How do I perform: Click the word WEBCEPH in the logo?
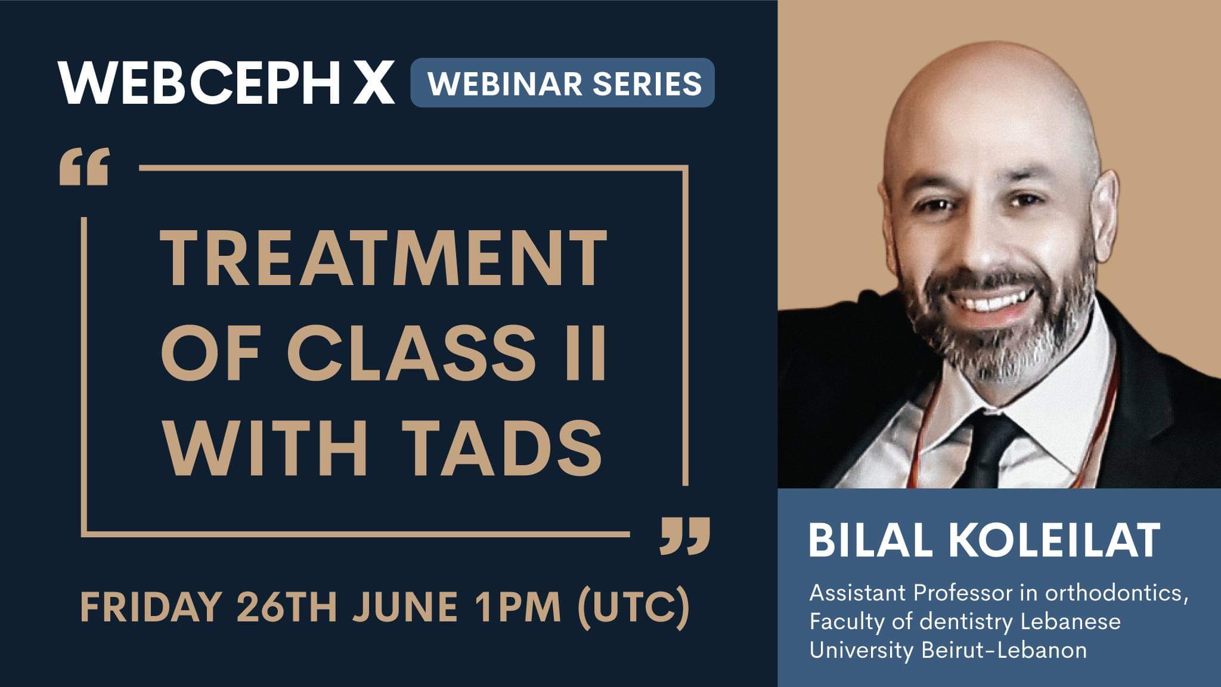(x=200, y=82)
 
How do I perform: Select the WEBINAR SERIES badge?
(x=562, y=83)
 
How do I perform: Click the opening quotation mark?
(x=84, y=167)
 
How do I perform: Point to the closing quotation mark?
(x=686, y=536)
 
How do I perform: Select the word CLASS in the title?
(x=411, y=352)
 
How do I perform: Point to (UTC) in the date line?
(x=634, y=608)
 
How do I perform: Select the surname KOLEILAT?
(x=1053, y=540)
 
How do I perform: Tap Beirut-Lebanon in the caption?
(x=1004, y=650)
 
